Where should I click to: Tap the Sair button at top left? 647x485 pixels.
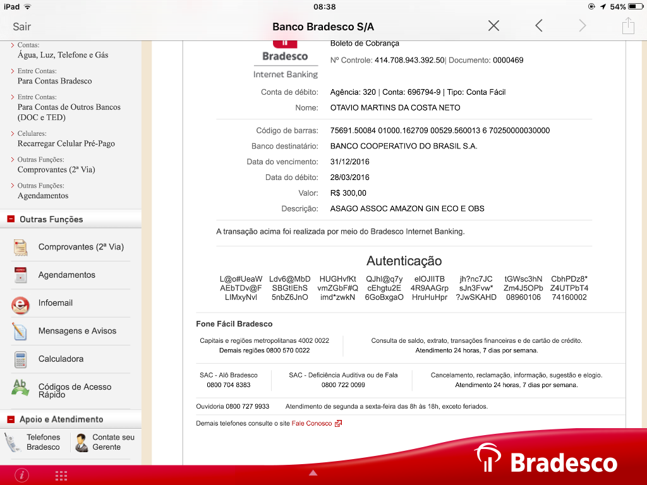22,27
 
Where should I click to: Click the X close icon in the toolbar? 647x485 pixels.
493,26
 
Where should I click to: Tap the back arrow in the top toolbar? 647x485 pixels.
538,26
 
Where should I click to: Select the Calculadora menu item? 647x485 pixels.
61,359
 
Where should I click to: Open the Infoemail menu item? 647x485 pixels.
56,303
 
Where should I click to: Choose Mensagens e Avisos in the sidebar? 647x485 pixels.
77,331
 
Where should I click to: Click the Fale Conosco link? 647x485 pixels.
311,423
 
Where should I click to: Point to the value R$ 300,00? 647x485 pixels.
348,193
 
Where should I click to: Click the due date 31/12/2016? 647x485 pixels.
350,162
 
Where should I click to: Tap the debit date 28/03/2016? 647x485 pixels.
350,177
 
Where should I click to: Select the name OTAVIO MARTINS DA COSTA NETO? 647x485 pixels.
395,108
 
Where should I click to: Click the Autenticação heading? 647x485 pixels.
404,261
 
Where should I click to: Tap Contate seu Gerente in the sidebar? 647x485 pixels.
113,442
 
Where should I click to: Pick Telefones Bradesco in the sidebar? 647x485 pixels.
43,442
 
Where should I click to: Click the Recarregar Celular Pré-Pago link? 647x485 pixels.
66,143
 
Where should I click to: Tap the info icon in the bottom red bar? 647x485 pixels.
21,475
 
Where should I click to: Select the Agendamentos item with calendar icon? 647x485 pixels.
66,275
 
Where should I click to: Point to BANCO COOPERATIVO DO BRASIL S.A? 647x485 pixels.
404,146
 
